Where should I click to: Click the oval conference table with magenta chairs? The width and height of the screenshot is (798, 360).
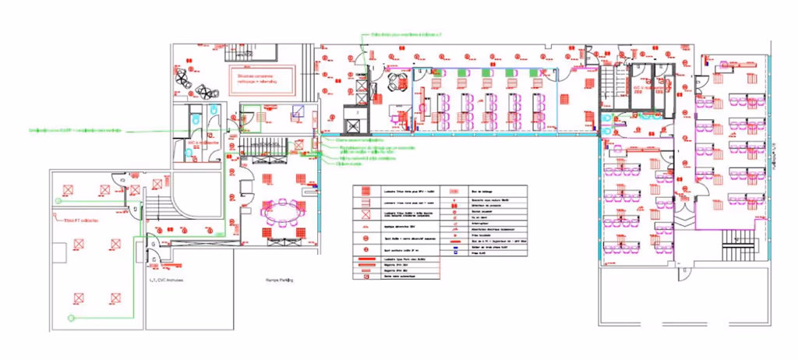pos(284,212)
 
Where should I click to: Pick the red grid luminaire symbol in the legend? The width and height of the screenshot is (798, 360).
pos(363,215)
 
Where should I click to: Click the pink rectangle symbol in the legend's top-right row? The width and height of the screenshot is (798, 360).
pos(453,190)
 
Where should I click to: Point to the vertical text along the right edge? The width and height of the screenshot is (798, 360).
pos(776,155)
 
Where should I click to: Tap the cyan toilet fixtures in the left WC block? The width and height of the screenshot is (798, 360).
pos(194,116)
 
